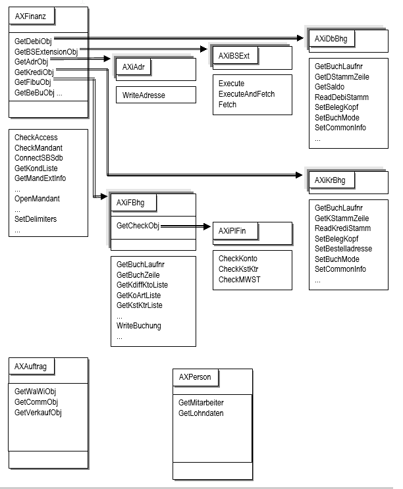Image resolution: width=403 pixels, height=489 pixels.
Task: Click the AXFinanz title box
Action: [x=32, y=16]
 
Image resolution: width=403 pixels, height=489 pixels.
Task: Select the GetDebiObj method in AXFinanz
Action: [x=33, y=41]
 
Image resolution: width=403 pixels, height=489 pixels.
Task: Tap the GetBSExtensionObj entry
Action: [x=46, y=51]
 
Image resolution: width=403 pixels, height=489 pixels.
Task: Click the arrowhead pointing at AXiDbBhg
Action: [x=300, y=38]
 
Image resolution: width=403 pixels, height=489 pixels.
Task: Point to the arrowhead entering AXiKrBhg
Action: [x=299, y=175]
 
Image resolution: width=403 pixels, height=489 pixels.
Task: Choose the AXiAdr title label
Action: [x=134, y=67]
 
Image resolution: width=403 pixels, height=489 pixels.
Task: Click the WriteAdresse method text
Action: [x=144, y=95]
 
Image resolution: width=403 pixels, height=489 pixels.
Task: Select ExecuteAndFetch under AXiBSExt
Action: [x=246, y=94]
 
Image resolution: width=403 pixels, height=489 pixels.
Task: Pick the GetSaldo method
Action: [x=329, y=87]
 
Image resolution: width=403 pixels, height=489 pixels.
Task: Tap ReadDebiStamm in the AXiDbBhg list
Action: [x=342, y=97]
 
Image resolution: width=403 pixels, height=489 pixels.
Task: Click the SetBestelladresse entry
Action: [x=343, y=249]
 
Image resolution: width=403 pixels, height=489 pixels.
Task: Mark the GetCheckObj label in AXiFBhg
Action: [x=138, y=226]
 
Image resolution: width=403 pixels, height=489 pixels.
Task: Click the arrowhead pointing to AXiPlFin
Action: [x=207, y=226]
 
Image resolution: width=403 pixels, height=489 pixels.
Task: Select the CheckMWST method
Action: [x=239, y=280]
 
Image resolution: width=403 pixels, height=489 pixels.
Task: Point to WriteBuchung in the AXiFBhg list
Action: [x=139, y=326]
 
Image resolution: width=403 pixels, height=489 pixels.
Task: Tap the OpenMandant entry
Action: [x=37, y=199]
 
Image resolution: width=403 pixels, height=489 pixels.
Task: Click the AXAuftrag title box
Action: [x=32, y=366]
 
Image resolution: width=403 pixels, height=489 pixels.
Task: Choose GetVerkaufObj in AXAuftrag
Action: [x=38, y=412]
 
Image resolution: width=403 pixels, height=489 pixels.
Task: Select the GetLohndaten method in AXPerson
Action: [x=201, y=413]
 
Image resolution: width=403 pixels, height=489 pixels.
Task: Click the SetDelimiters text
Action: [x=36, y=219]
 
